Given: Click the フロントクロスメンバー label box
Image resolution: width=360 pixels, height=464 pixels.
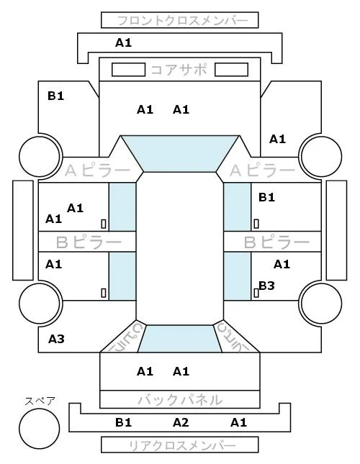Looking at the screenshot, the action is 180,20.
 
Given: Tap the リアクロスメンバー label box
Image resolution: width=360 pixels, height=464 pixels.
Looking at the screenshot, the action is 180,445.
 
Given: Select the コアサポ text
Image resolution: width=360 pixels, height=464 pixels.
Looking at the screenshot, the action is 179,70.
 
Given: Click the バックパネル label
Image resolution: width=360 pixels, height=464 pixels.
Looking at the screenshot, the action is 180,400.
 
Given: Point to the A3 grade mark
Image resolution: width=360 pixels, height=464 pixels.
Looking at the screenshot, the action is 56,339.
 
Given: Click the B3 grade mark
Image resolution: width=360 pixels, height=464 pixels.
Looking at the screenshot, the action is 266,286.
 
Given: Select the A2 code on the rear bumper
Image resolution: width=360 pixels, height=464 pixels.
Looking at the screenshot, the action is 181,422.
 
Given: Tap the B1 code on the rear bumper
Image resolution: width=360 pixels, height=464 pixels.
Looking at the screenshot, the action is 123,422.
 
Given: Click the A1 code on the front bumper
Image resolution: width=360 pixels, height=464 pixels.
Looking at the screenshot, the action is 123,43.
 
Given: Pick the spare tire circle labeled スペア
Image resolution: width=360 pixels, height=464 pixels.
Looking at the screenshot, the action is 40,429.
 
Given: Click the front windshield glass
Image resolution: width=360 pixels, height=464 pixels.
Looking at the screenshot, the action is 180,153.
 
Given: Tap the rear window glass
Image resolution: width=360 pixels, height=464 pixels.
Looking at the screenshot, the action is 180,339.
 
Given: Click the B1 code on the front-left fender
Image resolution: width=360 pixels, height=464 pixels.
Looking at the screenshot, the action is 55,96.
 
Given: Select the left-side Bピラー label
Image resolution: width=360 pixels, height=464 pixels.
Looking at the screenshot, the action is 89,242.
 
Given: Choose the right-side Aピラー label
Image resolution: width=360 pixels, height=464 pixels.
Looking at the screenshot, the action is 262,170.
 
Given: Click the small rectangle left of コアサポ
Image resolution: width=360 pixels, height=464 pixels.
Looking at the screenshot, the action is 128,70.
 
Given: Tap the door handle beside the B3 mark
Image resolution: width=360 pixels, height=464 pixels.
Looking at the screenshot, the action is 256,293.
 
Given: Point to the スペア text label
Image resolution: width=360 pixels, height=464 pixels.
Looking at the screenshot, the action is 40,401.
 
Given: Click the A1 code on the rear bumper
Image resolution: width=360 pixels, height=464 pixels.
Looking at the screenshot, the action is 238,422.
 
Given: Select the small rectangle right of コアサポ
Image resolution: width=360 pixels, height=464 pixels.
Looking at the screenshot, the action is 231,70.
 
